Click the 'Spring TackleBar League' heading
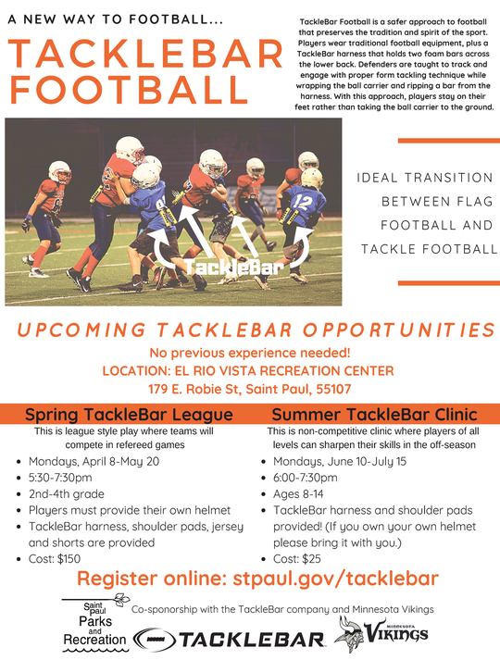[129, 414]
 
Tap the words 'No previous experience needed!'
[250, 353]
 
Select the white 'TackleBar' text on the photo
[221, 268]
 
